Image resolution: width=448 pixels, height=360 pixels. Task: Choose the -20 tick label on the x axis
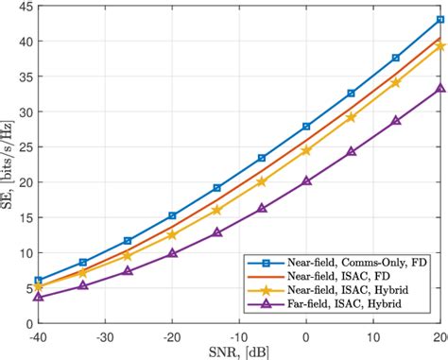172,335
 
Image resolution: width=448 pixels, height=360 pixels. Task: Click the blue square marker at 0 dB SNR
306,127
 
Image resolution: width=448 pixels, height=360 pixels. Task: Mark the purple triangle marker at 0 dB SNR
306,181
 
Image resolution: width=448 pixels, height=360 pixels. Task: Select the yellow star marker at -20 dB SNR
172,234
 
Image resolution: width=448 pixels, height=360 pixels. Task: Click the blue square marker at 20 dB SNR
439,19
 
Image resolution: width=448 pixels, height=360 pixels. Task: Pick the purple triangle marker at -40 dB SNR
38,297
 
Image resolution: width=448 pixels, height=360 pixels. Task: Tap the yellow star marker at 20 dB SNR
439,46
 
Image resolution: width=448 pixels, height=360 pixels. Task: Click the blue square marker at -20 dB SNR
172,215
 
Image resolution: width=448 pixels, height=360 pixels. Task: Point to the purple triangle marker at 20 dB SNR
439,89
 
